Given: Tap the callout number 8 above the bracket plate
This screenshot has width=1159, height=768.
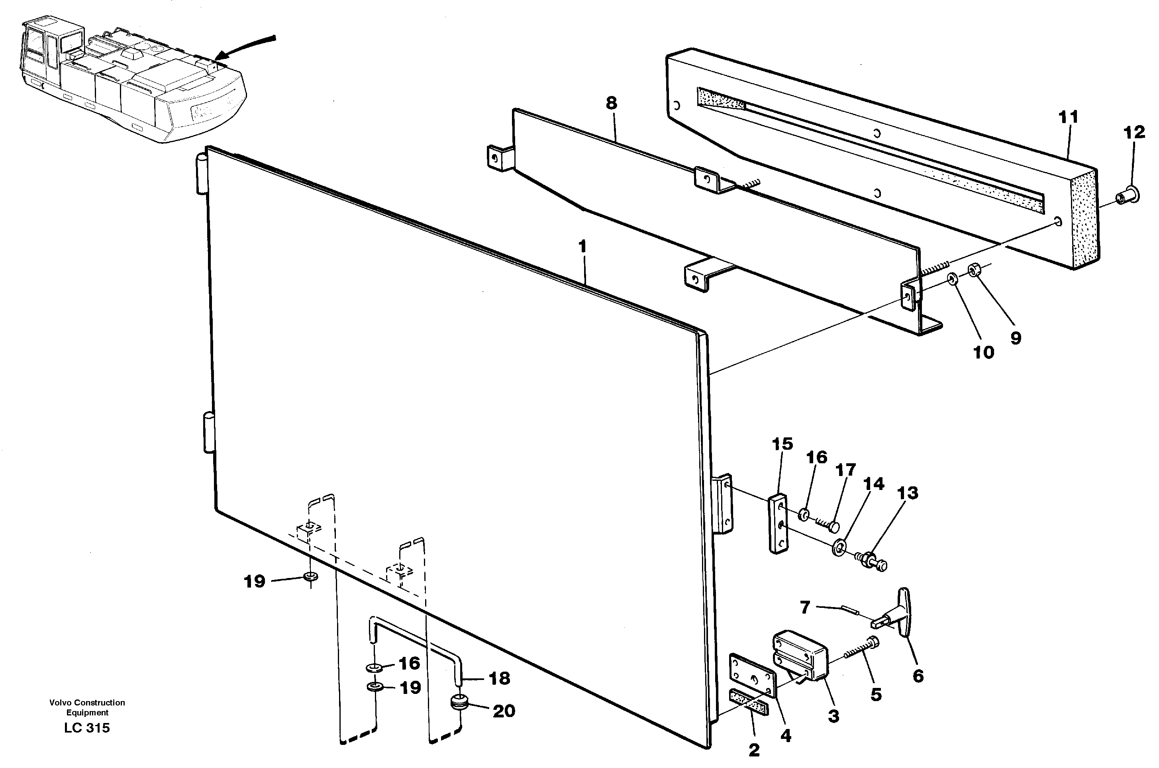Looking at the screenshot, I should [611, 103].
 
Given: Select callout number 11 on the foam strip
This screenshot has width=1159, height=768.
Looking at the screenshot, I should [1069, 118].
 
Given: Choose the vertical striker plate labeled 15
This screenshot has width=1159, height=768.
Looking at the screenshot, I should [779, 524].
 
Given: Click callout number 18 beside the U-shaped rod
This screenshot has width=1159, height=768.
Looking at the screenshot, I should [500, 678].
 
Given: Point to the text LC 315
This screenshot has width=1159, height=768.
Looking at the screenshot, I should [87, 728].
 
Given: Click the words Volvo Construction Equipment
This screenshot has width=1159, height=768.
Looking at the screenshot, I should [87, 707].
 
